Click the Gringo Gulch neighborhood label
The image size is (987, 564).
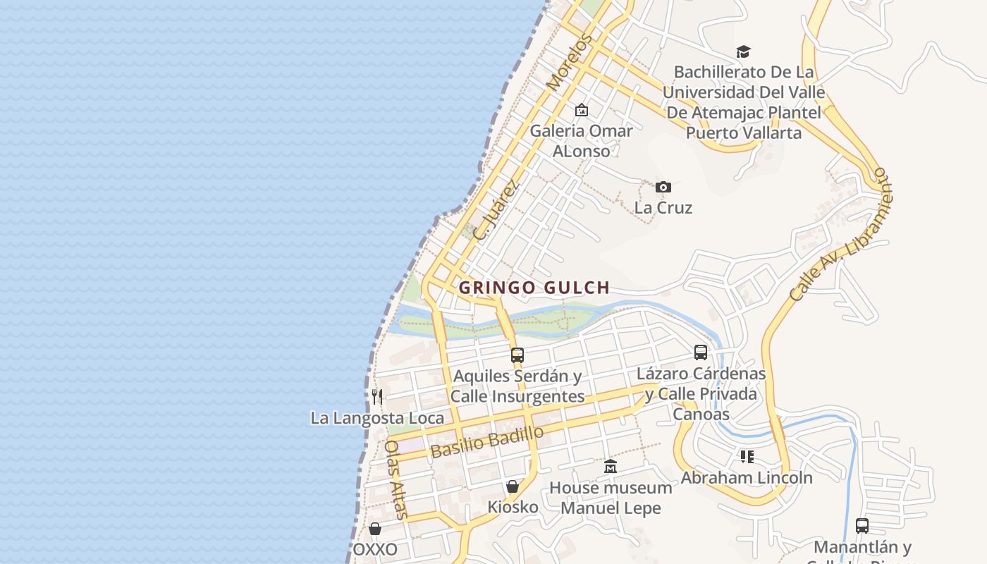click(x=534, y=288)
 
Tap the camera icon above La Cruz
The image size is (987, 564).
click(x=663, y=187)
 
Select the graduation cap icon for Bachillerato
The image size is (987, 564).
click(x=743, y=51)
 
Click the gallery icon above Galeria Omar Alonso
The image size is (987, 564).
click(x=582, y=110)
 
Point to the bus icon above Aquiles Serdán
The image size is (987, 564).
click(x=517, y=355)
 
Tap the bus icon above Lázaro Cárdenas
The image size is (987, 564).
click(x=701, y=352)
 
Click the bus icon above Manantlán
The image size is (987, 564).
click(x=862, y=525)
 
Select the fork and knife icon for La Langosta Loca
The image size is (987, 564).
click(x=377, y=397)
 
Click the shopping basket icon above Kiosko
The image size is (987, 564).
click(x=513, y=486)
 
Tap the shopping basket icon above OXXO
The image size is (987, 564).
click(x=375, y=529)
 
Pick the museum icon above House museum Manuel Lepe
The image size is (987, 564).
click(x=611, y=467)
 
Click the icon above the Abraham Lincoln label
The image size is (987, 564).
click(x=747, y=457)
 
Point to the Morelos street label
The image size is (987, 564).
click(x=567, y=63)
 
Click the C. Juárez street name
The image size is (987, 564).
click(x=496, y=210)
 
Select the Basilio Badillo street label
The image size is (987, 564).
click(x=487, y=441)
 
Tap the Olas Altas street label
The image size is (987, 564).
click(x=397, y=480)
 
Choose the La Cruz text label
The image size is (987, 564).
click(x=663, y=208)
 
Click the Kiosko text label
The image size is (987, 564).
click(x=513, y=507)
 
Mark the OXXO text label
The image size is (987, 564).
click(x=375, y=549)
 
